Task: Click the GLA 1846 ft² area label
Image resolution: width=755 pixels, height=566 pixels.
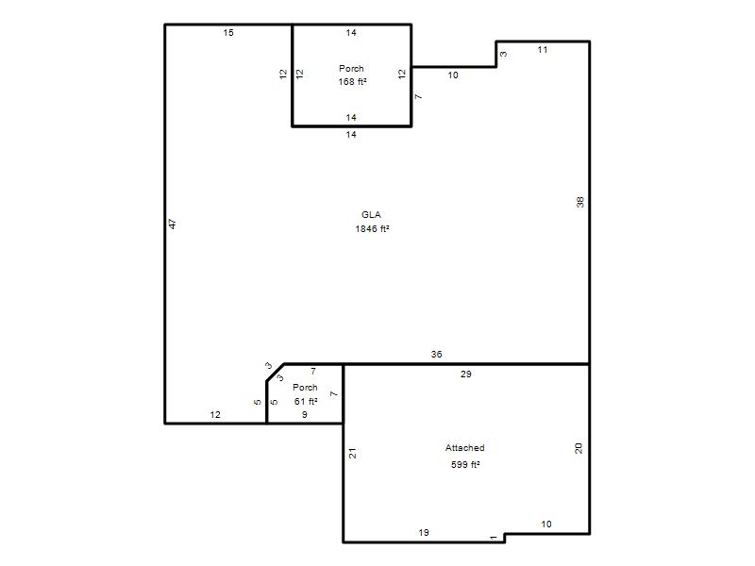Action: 372,222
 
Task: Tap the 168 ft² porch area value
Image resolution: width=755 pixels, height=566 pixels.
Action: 352,82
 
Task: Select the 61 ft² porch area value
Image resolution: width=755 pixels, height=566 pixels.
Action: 306,402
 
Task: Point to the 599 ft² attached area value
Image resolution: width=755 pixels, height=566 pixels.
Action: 465,464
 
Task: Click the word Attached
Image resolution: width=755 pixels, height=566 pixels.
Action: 464,447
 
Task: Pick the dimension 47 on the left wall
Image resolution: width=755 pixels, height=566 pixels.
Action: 173,224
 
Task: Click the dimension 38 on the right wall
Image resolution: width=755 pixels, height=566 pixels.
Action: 580,202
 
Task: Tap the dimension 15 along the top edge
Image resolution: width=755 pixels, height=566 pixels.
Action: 228,33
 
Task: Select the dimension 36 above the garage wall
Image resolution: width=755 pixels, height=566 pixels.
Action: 436,355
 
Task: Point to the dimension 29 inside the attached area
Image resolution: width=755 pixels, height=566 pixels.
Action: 465,374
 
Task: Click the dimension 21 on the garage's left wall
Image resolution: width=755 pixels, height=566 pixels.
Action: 352,453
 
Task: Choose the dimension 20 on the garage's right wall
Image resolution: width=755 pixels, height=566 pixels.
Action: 579,448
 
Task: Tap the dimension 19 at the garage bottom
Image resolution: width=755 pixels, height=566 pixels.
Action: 424,532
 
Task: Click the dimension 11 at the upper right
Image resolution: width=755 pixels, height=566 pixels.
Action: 543,50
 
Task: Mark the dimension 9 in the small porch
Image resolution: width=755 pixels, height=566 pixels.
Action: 304,414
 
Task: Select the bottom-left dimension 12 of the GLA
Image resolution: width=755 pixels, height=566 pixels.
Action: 215,414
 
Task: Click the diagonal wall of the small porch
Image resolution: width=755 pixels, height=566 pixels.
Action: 275,373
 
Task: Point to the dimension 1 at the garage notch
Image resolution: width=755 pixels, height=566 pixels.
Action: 494,538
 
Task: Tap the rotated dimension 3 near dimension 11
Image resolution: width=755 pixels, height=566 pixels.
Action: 503,54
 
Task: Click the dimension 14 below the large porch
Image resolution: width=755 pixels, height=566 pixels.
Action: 351,135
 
